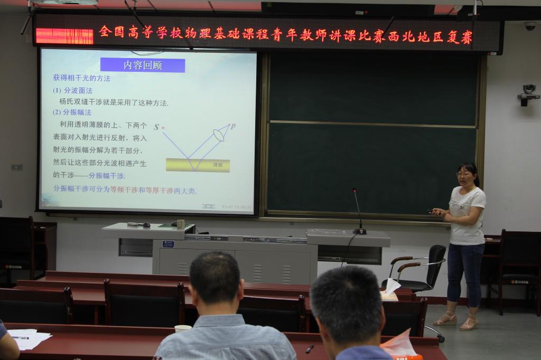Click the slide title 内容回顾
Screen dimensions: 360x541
tap(143, 65)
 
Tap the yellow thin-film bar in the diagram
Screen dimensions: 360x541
tap(198, 165)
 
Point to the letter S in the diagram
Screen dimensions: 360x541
tap(156, 127)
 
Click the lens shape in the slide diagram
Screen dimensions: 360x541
tap(219, 135)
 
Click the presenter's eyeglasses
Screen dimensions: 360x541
tap(463, 174)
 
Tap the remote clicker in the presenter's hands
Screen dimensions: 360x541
tap(432, 212)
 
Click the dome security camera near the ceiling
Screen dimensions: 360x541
tap(529, 25)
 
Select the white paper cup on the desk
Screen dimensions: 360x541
tap(183, 328)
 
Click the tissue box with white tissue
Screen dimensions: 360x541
tap(390, 291)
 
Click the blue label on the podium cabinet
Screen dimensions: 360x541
tap(168, 244)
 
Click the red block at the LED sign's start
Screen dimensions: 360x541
tap(64, 36)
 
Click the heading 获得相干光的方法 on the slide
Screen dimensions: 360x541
tap(81, 78)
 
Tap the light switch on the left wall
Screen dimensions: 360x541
tap(16, 167)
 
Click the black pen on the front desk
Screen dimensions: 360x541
tap(310, 348)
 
